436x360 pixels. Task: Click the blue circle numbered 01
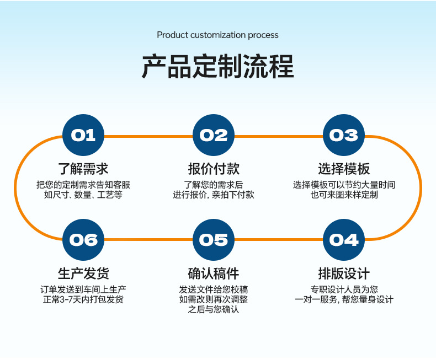tap(83, 135)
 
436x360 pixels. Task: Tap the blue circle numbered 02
tap(214, 135)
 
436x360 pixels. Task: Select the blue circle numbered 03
tap(344, 135)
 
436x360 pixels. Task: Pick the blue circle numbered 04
tap(344, 240)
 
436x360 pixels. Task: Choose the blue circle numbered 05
tap(214, 240)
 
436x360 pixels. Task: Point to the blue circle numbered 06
tap(83, 240)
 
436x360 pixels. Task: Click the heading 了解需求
tap(83, 169)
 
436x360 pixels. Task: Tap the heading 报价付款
tap(214, 169)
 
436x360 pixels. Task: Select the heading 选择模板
tap(344, 169)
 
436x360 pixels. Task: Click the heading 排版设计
tap(344, 273)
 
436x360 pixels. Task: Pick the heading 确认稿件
tap(214, 273)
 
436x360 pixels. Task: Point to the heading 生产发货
tap(83, 273)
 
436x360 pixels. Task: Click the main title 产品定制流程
tap(217, 67)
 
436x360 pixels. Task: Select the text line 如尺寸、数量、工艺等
tap(83, 195)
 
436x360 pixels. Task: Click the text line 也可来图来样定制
tap(344, 195)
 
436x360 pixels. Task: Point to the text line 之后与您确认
tap(214, 309)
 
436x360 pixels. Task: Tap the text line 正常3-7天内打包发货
tap(83, 299)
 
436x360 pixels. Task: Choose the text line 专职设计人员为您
tap(344, 289)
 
